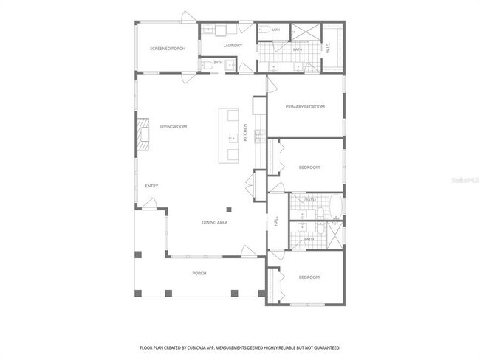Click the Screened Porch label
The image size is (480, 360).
[x=168, y=49]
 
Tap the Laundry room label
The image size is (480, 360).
[x=233, y=46]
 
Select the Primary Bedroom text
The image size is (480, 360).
[x=305, y=107]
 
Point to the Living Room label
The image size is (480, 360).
[x=174, y=127]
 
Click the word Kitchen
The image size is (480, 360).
[x=245, y=133]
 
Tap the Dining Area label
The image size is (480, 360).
[x=215, y=222]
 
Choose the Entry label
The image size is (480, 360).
[x=151, y=186]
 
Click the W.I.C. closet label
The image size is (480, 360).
[x=328, y=48]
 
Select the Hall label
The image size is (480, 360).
[x=276, y=221]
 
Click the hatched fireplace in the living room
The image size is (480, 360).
[x=143, y=134]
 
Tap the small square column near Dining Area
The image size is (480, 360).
[x=229, y=210]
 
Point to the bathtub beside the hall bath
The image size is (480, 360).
[x=336, y=206]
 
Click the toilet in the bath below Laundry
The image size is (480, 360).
[x=208, y=65]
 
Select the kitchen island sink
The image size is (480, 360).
[x=233, y=138]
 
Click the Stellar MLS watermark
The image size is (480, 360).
[x=465, y=180]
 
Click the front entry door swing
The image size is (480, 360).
[x=149, y=204]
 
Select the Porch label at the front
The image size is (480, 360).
[x=199, y=274]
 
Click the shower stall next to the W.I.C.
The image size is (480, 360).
[x=305, y=32]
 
